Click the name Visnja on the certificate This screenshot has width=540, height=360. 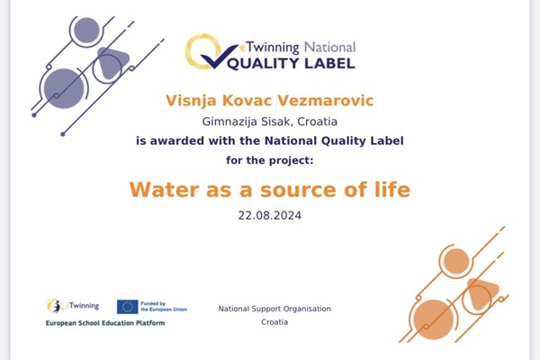[191, 101]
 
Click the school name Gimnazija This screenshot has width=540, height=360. [229, 121]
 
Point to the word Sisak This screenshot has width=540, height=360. [276, 121]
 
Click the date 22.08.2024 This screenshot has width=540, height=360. [270, 216]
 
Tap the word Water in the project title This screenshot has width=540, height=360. [165, 190]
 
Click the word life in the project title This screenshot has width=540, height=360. [392, 190]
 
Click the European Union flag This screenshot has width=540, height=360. [128, 307]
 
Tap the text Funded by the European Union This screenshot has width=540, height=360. [164, 307]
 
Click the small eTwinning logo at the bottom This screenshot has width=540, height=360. [72, 306]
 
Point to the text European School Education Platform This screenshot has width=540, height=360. [105, 323]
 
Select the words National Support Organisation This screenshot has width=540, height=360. [274, 309]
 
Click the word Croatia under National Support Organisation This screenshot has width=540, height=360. [274, 322]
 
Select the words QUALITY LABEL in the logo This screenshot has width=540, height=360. [292, 64]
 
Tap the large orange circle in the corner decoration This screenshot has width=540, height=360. [433, 319]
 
